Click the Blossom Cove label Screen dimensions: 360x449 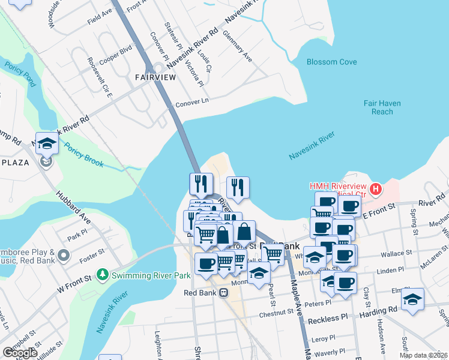click(x=331, y=62)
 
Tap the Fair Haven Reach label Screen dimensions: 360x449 click(x=382, y=107)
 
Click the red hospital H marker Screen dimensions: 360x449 click(x=376, y=190)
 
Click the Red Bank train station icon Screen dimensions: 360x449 click(x=223, y=293)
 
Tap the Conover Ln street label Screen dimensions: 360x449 click(x=192, y=104)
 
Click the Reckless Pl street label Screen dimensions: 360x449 click(x=328, y=318)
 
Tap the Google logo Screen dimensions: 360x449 click(x=20, y=353)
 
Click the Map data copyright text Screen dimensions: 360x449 click(x=423, y=355)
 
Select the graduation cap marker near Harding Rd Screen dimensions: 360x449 click(x=412, y=300)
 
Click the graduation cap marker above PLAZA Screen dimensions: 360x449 click(x=47, y=144)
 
